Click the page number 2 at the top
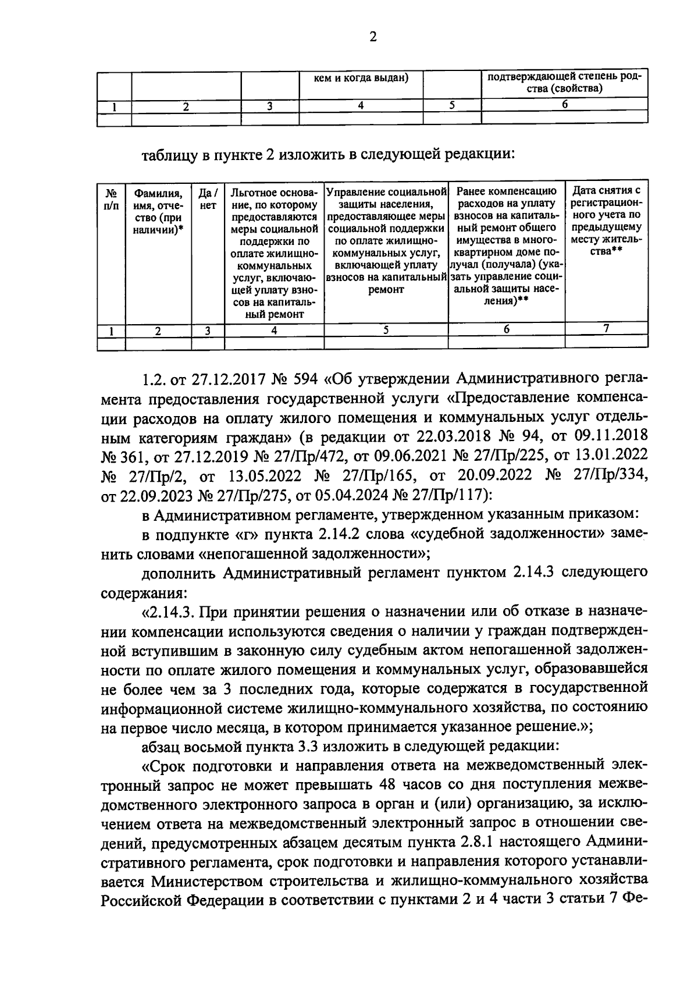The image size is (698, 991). [x=373, y=37]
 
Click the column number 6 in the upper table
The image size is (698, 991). [x=564, y=105]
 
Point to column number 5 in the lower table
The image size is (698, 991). [x=386, y=330]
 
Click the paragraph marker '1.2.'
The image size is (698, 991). [x=154, y=380]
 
